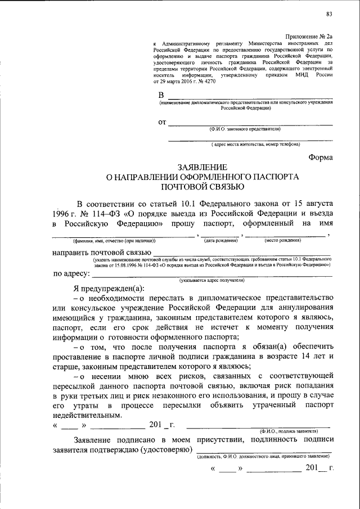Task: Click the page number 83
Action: tap(329, 13)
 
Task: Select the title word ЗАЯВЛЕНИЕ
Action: tap(202, 168)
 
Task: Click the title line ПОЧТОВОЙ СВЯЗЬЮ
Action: tap(202, 187)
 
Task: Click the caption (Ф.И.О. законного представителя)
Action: tap(244, 129)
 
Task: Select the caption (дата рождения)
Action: tap(221, 240)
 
